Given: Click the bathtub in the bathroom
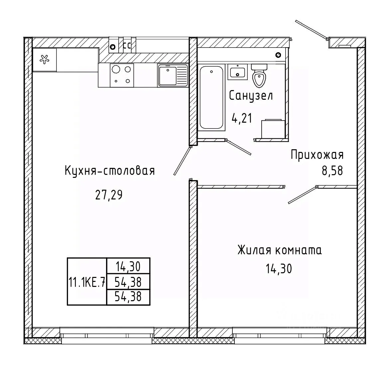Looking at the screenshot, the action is [x=211, y=97].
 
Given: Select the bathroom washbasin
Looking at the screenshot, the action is [x=237, y=72].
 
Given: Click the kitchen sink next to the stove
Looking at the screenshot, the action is [x=173, y=75].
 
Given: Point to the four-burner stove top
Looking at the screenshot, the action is [x=122, y=75].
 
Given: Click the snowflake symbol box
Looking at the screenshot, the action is [x=45, y=60].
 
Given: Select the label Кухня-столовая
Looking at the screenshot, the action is [x=110, y=171].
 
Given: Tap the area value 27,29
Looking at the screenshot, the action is [x=109, y=195].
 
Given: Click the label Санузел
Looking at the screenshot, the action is [x=251, y=95].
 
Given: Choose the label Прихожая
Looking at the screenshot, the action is [x=317, y=155].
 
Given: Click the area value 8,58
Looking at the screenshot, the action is [x=332, y=171].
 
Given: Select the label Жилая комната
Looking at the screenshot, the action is [x=279, y=250].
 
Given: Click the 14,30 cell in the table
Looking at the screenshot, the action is [x=128, y=266].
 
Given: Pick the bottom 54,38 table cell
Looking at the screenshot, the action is [x=128, y=297].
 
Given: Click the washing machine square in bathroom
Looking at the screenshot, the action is [x=273, y=129].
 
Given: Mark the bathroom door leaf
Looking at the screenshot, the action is [x=239, y=147].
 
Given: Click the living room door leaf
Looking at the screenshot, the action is [x=302, y=195].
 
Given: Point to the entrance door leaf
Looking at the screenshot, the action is [x=312, y=30].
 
